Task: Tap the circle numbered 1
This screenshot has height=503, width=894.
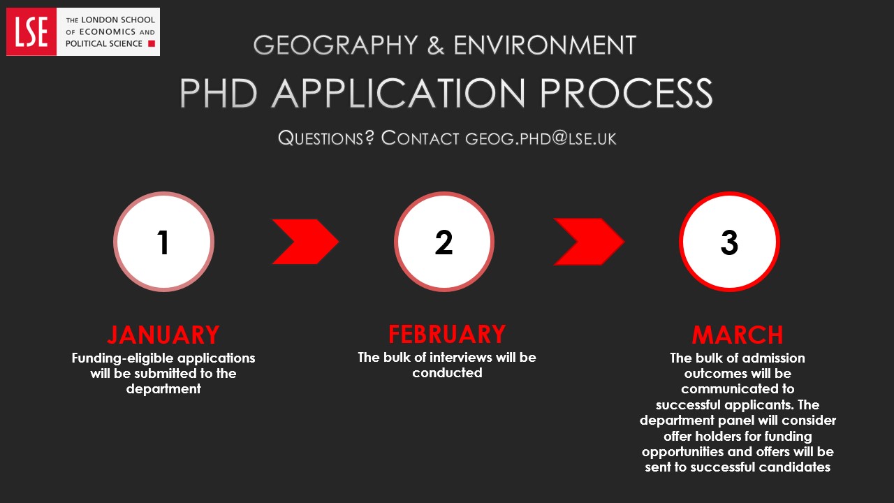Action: tap(163, 242)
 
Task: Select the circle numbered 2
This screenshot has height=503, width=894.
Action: tap(444, 242)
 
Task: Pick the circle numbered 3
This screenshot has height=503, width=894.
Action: tap(729, 242)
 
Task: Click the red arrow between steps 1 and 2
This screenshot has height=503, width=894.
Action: tap(305, 242)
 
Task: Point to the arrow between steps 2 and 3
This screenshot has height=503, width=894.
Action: tap(588, 242)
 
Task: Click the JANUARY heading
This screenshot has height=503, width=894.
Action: tap(163, 335)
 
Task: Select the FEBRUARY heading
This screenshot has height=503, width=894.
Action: tap(447, 335)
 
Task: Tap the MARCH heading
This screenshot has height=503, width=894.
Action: tap(738, 335)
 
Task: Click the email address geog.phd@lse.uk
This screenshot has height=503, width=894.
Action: tap(541, 138)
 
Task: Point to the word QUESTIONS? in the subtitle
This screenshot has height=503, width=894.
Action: tap(326, 138)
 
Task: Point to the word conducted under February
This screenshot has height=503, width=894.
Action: tap(447, 373)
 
